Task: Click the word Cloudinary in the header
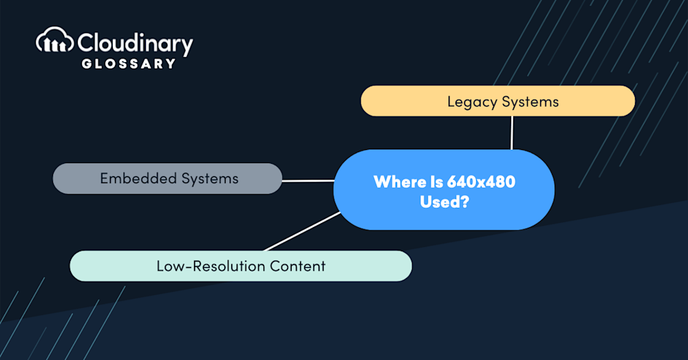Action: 135,43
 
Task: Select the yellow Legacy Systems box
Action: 497,101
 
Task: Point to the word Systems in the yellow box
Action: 530,102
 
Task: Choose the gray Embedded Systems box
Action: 167,178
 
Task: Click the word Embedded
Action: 136,178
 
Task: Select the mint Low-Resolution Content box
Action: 241,266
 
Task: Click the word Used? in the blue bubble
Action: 444,203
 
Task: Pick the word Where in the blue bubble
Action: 396,182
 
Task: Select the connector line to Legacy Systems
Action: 512,132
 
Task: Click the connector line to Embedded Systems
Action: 308,181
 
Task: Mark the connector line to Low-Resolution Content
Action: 303,231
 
